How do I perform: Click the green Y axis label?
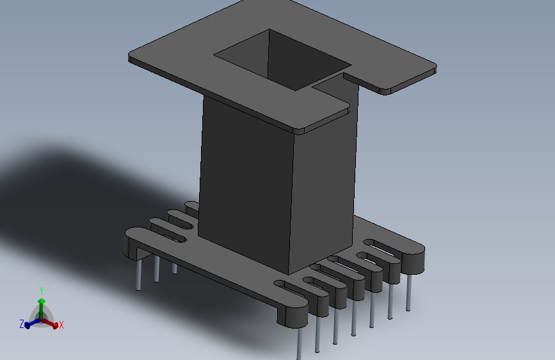click(x=41, y=290)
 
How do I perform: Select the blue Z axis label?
click(x=21, y=324)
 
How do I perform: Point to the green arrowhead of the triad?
click(x=41, y=300)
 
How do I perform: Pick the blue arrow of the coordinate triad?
click(x=29, y=323)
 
